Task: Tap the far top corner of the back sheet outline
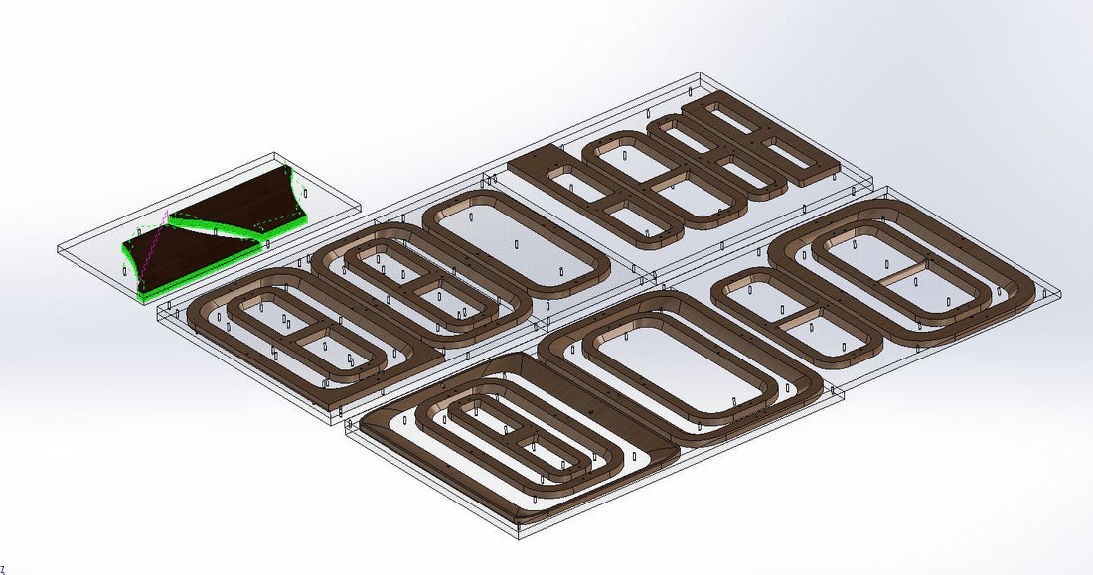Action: (x=702, y=72)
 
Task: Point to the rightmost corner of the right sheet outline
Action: (x=1061, y=295)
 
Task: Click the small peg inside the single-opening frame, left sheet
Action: (x=516, y=244)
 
